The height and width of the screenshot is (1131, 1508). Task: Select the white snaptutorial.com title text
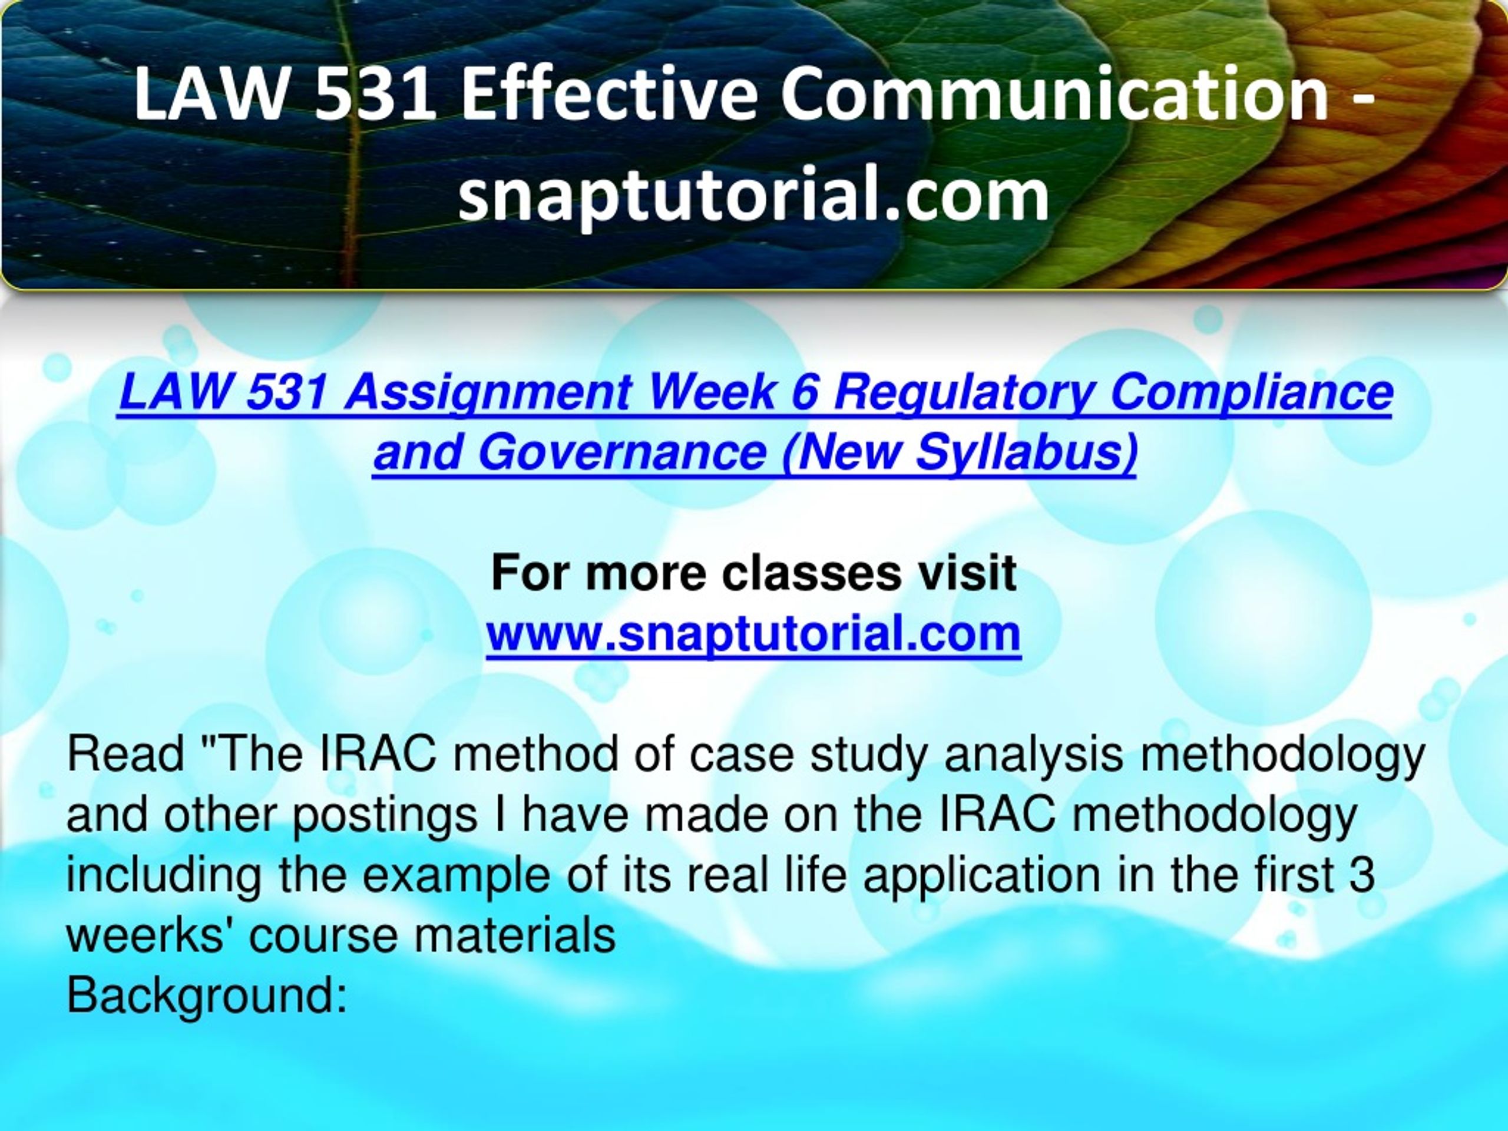(x=753, y=195)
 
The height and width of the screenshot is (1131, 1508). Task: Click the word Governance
(x=621, y=451)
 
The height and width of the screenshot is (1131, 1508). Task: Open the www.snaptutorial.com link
(x=753, y=634)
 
